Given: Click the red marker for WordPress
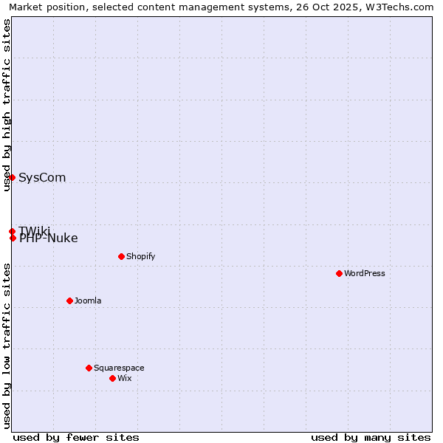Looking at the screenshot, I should [339, 273].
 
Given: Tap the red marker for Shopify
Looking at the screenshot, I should [121, 256].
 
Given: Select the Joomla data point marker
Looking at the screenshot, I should [69, 301].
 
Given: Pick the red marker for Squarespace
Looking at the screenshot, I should [89, 368].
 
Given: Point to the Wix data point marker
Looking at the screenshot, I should [112, 378].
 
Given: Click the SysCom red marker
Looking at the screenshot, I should [12, 177].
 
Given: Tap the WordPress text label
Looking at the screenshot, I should [365, 273].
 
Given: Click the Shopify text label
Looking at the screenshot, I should [140, 256].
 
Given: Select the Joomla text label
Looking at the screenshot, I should [88, 301].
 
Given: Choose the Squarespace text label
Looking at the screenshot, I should [119, 368].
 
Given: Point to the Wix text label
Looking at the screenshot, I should [124, 378].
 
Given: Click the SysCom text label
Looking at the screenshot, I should [42, 177].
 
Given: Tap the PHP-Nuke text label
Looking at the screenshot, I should [49, 238].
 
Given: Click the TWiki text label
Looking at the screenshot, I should [35, 230].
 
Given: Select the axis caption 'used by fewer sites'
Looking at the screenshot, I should [76, 437].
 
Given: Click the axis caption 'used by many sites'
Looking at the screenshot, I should [371, 437].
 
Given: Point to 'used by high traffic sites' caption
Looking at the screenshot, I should [7, 105].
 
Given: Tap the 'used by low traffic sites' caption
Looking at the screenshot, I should [7, 346].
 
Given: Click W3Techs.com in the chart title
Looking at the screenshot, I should [400, 7].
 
